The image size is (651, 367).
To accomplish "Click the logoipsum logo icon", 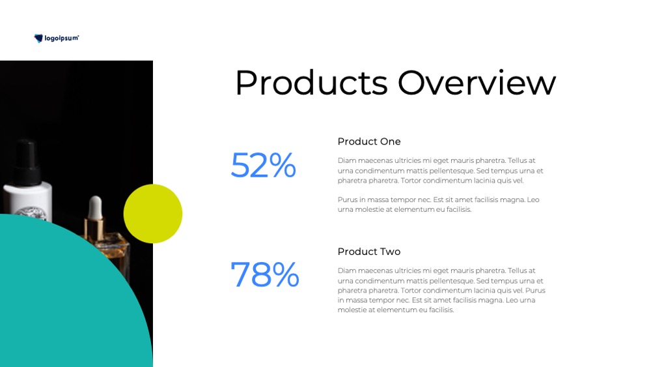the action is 38,38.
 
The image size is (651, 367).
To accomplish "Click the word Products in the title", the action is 311,83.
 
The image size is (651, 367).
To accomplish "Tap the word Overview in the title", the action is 477,83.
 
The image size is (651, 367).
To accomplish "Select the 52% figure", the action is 263,165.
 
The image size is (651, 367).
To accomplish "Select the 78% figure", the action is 264,274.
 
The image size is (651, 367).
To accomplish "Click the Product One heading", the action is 369,141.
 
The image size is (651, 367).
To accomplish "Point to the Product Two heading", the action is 369,252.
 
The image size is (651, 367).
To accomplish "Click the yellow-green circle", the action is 153,214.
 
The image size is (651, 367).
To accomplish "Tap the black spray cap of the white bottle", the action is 28,162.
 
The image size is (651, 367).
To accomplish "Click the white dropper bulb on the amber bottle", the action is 95,207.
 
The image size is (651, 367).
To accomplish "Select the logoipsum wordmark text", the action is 61,38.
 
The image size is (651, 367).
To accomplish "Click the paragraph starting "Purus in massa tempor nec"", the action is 438,205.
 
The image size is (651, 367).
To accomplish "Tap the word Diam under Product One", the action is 347,160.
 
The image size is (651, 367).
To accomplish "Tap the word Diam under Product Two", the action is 347,271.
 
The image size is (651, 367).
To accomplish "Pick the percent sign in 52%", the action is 283,165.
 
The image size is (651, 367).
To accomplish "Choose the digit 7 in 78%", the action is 240,274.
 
